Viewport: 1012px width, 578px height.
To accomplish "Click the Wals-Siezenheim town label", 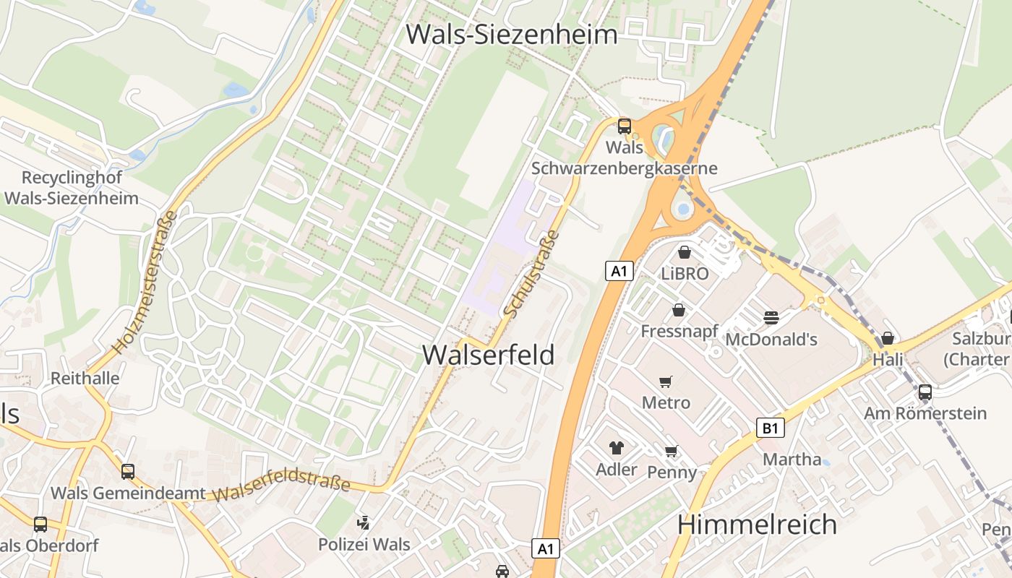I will pos(512,34).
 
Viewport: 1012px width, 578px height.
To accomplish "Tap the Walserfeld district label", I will pos(489,355).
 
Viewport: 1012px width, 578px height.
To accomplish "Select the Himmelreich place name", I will pos(757,524).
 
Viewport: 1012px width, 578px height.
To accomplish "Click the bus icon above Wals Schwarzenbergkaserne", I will pos(625,126).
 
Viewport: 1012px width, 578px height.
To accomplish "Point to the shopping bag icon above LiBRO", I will pos(685,252).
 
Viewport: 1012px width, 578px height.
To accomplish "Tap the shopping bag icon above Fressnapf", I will pos(679,310).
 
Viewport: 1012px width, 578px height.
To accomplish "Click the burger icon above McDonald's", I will pos(771,317).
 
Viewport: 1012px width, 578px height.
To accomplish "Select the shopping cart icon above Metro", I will pos(666,381).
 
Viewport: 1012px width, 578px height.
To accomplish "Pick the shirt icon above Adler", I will pos(616,448).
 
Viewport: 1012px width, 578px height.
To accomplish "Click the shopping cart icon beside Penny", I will pos(671,452).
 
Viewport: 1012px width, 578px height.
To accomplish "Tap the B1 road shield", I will pos(771,428).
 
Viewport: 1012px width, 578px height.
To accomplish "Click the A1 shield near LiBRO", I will pos(619,271).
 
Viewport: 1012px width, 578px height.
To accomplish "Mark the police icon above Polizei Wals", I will pos(364,522).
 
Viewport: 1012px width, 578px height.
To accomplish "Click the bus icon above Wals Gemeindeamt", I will pos(128,472).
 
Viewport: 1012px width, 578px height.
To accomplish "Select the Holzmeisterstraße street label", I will pos(143,282).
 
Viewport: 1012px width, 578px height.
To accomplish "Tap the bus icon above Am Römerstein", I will pos(925,392).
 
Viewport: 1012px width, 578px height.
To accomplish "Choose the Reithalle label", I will pos(85,378).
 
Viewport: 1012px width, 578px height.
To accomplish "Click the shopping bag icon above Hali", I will pos(888,338).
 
